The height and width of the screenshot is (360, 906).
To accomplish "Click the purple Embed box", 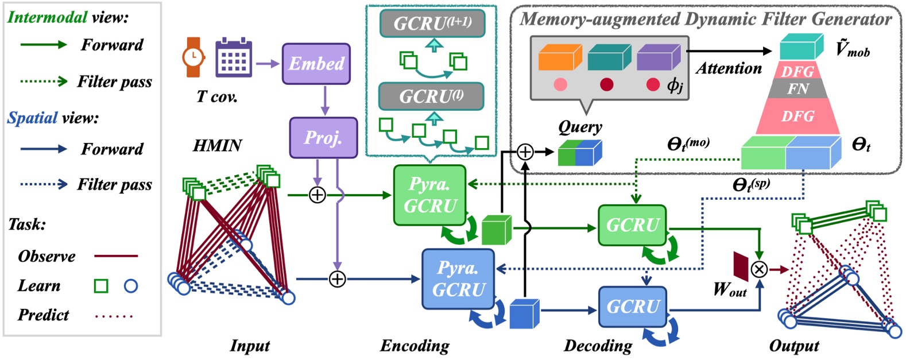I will pos(316,64).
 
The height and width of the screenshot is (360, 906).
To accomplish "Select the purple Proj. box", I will pos(323,138).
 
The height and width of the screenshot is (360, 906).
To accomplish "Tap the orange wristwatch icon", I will pos(193,57).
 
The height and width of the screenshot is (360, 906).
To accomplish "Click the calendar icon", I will pos(234,58).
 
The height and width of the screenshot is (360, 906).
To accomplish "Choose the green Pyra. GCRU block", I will pos(429,195).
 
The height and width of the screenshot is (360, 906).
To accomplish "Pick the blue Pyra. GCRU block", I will pos(458,279).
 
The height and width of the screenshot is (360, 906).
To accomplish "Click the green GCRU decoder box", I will pos(632,225).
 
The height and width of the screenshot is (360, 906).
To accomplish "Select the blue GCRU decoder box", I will pos(633,307).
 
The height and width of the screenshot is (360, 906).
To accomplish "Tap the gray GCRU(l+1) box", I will pos(432,24).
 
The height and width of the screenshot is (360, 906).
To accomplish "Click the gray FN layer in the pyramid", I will pos(797,89).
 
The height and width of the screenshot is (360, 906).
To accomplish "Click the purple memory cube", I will pos(658,57).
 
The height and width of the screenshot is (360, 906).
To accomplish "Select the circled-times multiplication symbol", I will pos(760,269).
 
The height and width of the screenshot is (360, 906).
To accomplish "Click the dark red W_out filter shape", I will pos(741,266).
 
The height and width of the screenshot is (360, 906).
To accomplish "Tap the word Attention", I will pos(729,68).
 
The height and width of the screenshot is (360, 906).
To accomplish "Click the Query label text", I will pos(580,127).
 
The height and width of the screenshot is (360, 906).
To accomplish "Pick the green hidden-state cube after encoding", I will pos(496,230).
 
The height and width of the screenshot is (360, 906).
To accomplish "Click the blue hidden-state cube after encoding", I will pos(524,314).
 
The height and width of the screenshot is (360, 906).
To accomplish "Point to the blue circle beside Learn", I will pos(131,285).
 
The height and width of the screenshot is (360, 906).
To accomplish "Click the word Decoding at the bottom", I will pos(598,346).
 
